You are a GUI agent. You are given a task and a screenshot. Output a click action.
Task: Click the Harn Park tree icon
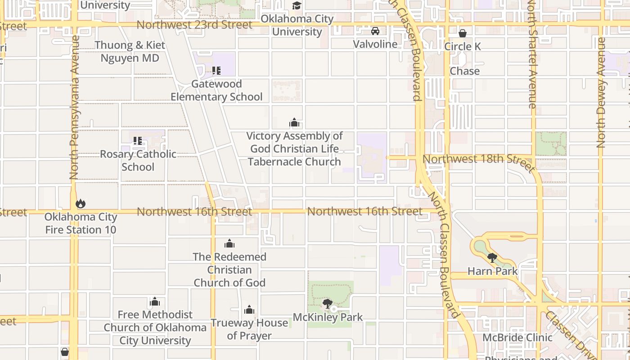click(x=492, y=258)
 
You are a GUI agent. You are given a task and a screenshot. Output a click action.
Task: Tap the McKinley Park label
click(x=328, y=317)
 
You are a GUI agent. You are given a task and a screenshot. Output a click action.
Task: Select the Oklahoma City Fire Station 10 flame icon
click(x=81, y=204)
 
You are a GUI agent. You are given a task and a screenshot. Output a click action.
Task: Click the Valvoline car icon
click(x=375, y=31)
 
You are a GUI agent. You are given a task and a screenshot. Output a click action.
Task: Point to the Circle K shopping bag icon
click(x=462, y=33)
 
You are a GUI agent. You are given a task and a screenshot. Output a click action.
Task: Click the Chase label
click(x=464, y=71)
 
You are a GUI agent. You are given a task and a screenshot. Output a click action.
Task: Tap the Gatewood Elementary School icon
click(x=216, y=71)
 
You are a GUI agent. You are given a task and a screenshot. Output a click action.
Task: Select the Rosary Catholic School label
click(x=138, y=160)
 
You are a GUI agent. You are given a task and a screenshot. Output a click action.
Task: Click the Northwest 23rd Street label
click(x=194, y=25)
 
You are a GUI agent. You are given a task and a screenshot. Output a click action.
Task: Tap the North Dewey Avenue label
click(x=601, y=92)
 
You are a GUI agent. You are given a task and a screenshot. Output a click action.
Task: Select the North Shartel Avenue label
click(x=532, y=54)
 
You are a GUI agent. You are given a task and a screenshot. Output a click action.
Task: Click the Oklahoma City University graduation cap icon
click(x=297, y=6)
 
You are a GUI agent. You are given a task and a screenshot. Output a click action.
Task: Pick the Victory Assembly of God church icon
click(x=294, y=123)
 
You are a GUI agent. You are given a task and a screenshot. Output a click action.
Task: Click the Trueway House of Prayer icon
click(x=249, y=310)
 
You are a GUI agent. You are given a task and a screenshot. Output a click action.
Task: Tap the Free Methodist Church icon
click(x=155, y=301)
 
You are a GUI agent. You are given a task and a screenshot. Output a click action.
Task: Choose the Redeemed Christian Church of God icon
click(x=229, y=244)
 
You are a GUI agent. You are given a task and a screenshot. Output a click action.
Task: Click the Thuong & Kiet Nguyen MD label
click(x=130, y=52)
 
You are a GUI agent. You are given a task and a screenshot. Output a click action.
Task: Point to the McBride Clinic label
click(x=517, y=337)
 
